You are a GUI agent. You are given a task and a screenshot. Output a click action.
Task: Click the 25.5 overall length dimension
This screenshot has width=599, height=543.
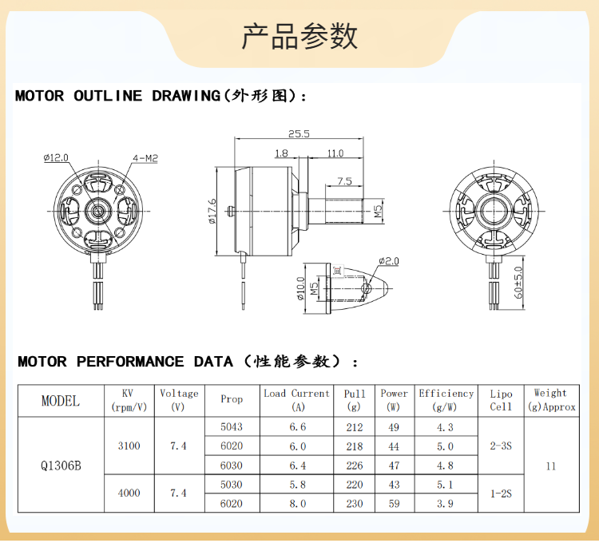tap(299, 133)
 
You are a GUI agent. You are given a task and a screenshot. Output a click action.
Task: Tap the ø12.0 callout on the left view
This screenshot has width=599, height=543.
tap(56, 157)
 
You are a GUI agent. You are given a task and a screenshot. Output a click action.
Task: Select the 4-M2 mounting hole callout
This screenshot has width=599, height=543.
tap(145, 158)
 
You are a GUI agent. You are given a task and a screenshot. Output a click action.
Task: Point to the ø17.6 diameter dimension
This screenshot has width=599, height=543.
tap(212, 211)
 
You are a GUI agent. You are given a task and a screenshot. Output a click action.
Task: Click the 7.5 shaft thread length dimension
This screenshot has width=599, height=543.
tap(344, 181)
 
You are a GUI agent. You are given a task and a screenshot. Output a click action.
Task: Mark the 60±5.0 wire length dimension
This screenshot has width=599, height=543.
tap(518, 283)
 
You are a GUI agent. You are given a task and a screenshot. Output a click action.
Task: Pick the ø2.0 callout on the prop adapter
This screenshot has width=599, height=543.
tap(389, 261)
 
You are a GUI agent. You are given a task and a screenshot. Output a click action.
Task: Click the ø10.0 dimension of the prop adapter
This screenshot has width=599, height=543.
tap(301, 288)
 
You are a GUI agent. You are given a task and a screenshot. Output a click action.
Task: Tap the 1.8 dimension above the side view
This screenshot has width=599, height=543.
tap(281, 153)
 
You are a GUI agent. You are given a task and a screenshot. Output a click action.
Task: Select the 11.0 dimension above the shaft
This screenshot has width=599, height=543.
tap(335, 153)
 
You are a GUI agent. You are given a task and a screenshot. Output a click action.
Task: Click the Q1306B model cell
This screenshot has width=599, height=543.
tap(61, 466)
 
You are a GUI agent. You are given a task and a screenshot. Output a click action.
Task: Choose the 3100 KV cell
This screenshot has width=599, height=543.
tap(129, 446)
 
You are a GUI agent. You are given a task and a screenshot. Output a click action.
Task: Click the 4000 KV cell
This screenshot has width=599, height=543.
tap(129, 493)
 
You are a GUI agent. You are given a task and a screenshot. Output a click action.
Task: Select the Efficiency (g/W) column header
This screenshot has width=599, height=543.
tap(446, 400)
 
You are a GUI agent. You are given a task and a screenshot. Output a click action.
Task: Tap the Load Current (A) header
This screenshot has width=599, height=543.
tap(297, 400)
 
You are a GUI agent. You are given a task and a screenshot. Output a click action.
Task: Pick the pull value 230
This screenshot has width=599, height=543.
tap(355, 504)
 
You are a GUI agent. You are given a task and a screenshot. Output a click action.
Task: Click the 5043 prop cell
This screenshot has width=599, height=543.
tap(232, 426)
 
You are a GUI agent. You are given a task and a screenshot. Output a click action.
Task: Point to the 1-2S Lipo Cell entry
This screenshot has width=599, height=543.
tap(501, 493)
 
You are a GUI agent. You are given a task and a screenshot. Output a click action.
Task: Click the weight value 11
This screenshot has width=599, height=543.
tap(551, 466)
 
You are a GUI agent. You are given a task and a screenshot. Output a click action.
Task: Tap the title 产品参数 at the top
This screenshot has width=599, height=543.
tap(299, 36)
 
